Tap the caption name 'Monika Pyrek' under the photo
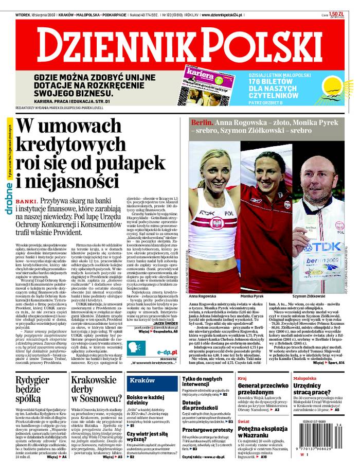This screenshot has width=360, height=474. click(252, 297)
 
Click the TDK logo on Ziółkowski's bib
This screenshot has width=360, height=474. click(334, 247)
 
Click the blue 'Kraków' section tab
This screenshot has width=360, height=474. click(142, 380)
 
